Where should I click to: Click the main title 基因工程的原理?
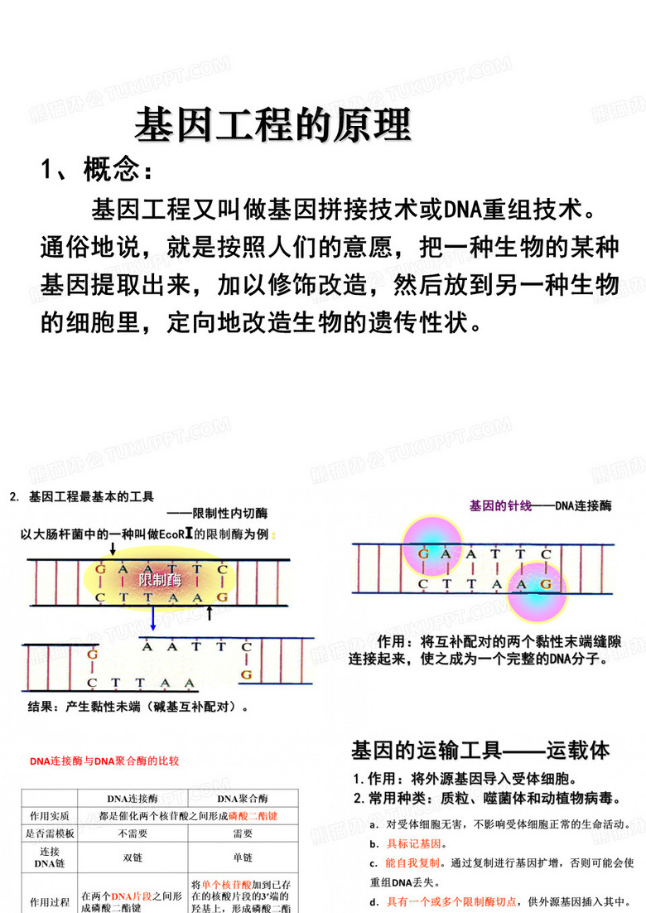point(272,125)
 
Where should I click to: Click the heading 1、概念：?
point(97,170)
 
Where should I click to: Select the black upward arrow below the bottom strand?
point(210,612)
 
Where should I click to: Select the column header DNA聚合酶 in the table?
point(243,799)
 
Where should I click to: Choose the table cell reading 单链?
point(243,857)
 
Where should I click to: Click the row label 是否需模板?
point(50,833)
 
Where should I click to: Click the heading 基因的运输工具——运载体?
point(480,751)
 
